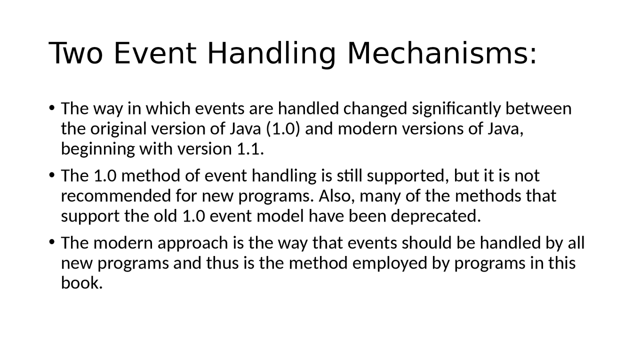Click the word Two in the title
coord(76,53)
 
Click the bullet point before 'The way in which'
coord(51,108)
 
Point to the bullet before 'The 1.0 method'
coord(51,175)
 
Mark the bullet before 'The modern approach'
coord(51,242)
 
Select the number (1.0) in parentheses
coord(282,128)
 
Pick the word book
coord(81,283)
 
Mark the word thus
coord(223,263)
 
